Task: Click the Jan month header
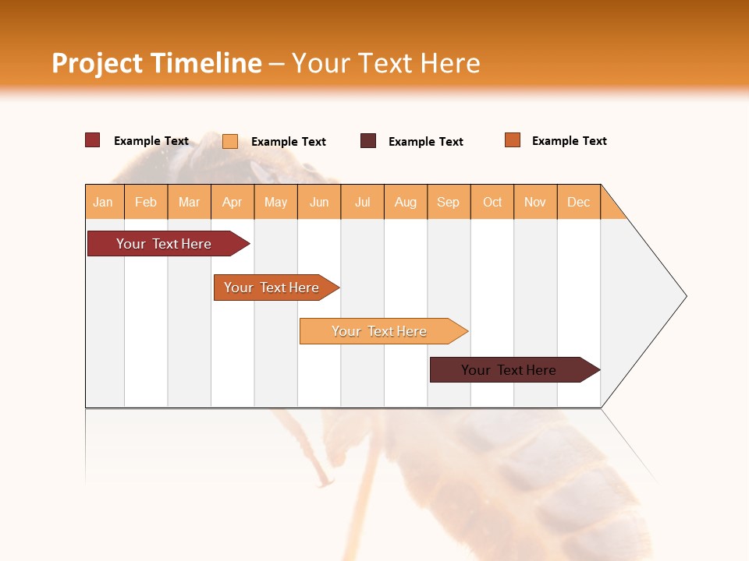[104, 202]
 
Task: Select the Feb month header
[146, 202]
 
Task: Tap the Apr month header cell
[233, 202]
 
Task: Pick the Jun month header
[319, 202]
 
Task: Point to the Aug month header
[406, 202]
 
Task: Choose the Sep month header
[449, 202]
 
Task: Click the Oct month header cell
[492, 202]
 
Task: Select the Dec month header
[579, 202]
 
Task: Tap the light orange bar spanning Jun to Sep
[380, 331]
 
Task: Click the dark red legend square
[93, 140]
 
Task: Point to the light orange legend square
[230, 141]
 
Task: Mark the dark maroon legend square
[368, 141]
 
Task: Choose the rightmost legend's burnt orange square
[513, 140]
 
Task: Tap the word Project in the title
[98, 63]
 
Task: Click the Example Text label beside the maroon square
[426, 142]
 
